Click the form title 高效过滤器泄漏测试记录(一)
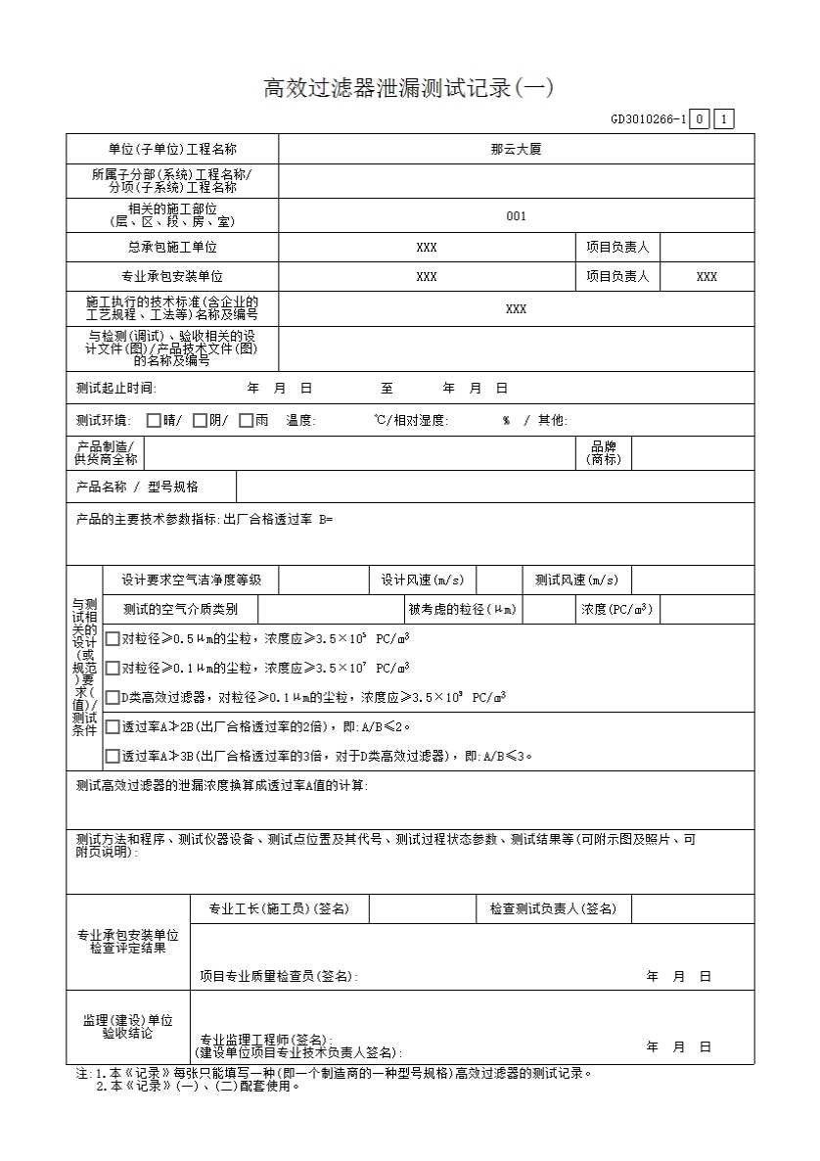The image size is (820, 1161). tap(409, 88)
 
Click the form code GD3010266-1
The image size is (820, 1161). tap(648, 120)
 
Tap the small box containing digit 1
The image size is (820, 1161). tap(724, 120)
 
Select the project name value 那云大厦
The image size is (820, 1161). tap(516, 150)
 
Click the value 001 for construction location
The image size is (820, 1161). tap(516, 216)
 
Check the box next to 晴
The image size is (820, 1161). tap(154, 421)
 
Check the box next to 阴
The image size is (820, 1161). tap(200, 421)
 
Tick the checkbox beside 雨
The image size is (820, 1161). tap(246, 421)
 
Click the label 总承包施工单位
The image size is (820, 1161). tap(172, 248)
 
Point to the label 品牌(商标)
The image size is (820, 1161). tap(604, 453)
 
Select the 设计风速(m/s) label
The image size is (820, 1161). tap(422, 580)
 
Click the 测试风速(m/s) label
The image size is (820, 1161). tap(576, 580)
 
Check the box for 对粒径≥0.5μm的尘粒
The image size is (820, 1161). tap(113, 639)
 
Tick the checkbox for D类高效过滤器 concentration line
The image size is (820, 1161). tap(113, 698)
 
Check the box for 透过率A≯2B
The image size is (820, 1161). tap(113, 727)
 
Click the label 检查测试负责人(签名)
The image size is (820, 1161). tap(553, 909)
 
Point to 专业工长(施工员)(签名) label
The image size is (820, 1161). tap(279, 909)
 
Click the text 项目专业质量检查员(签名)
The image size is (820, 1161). tap(279, 977)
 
